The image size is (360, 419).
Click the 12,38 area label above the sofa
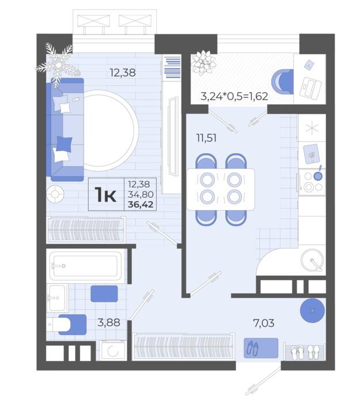[x=123, y=73]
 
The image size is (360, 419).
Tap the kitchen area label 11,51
[x=206, y=138]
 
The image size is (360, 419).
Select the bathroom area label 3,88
[x=109, y=322]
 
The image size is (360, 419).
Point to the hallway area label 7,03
[x=264, y=323]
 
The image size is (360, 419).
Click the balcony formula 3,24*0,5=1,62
[x=234, y=96]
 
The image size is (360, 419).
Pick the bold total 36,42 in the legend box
[x=141, y=205]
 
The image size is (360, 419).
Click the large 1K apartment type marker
[x=105, y=195]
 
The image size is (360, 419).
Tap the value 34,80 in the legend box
[x=141, y=195]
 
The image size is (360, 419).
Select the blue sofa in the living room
[x=65, y=129]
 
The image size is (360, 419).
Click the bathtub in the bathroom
[x=85, y=266]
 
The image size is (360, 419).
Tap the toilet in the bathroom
[x=66, y=325]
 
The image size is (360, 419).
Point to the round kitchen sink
[x=312, y=260]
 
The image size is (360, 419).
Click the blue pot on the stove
[x=318, y=176]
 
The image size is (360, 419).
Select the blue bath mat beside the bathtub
[x=104, y=294]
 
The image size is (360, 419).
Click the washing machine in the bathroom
[x=113, y=351]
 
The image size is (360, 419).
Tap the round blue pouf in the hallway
[x=312, y=311]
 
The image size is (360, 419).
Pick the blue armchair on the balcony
[x=282, y=82]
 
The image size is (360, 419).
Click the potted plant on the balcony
[x=203, y=63]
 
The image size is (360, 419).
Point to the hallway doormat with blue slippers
[x=261, y=348]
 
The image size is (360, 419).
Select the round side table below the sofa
[x=55, y=195]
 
